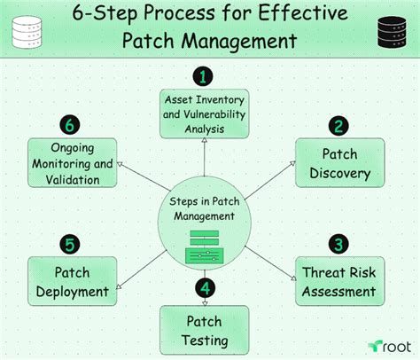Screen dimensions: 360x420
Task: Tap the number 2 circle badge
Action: tap(337, 126)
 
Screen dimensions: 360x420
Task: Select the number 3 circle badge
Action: tap(337, 244)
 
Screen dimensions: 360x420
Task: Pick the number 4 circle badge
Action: tap(205, 289)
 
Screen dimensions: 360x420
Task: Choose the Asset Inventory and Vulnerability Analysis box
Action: tap(205, 113)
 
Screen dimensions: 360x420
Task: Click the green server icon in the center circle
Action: tap(205, 246)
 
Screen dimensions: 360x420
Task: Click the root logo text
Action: tap(390, 346)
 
